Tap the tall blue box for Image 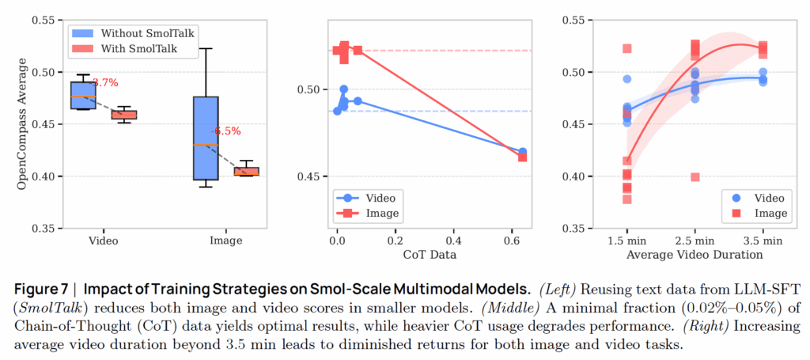click(206, 138)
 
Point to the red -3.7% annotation click(104, 82)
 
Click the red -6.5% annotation click(226, 131)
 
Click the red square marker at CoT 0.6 click(523, 157)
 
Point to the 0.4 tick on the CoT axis click(453, 241)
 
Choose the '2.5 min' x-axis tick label click(695, 241)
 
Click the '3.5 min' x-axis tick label click(763, 241)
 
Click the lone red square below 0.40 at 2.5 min click(695, 177)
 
